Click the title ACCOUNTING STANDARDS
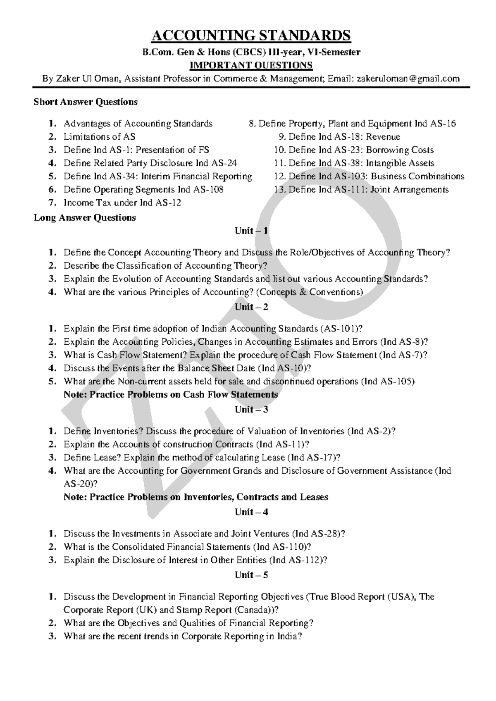pyautogui.click(x=251, y=36)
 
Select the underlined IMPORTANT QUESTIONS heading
pyautogui.click(x=250, y=65)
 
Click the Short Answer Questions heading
pyautogui.click(x=86, y=102)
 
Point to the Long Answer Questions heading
pyautogui.click(x=85, y=217)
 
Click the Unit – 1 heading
pyautogui.click(x=251, y=231)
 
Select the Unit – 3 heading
pyautogui.click(x=251, y=409)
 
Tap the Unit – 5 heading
pyautogui.click(x=251, y=575)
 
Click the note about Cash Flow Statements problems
pyautogui.click(x=171, y=394)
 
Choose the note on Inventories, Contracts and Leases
pyautogui.click(x=196, y=497)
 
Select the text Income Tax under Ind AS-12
pyautogui.click(x=122, y=203)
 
